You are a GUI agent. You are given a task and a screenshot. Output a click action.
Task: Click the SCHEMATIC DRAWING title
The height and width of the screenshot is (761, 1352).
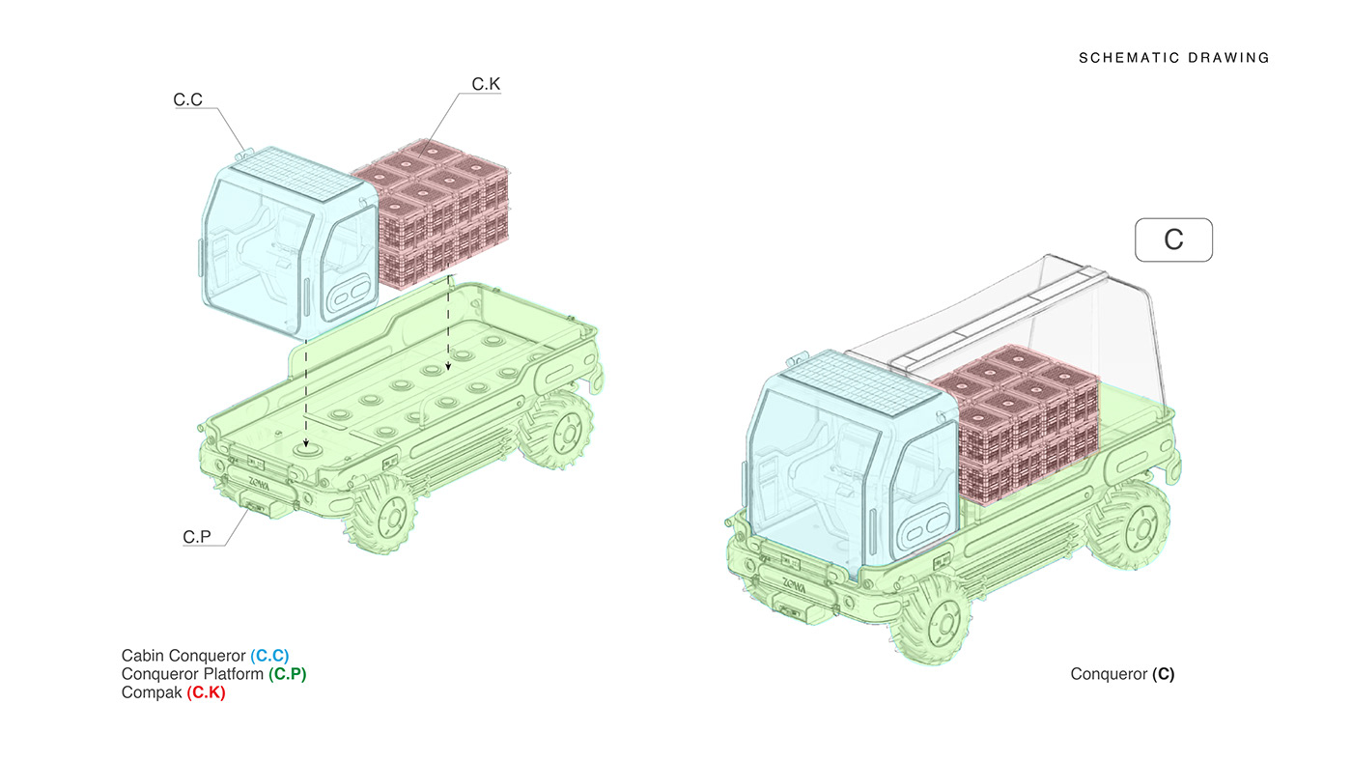pos(1173,58)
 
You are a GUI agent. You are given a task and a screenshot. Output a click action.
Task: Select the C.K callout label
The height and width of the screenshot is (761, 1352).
pos(486,85)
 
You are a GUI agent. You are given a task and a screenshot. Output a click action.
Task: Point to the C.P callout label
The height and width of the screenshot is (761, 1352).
pos(197,536)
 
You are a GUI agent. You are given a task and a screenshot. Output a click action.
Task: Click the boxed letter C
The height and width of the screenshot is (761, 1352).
pos(1173,239)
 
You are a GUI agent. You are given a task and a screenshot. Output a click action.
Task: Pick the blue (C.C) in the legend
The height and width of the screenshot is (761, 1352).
pos(269,656)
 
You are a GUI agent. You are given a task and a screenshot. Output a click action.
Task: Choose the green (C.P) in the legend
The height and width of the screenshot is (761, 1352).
pos(287,674)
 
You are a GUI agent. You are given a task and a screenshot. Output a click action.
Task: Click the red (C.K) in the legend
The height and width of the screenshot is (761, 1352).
pos(206,692)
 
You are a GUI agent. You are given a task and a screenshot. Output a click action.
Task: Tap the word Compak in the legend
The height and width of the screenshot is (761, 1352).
pos(152,692)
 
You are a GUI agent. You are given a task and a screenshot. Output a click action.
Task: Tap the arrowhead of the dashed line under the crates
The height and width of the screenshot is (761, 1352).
pos(448,368)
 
